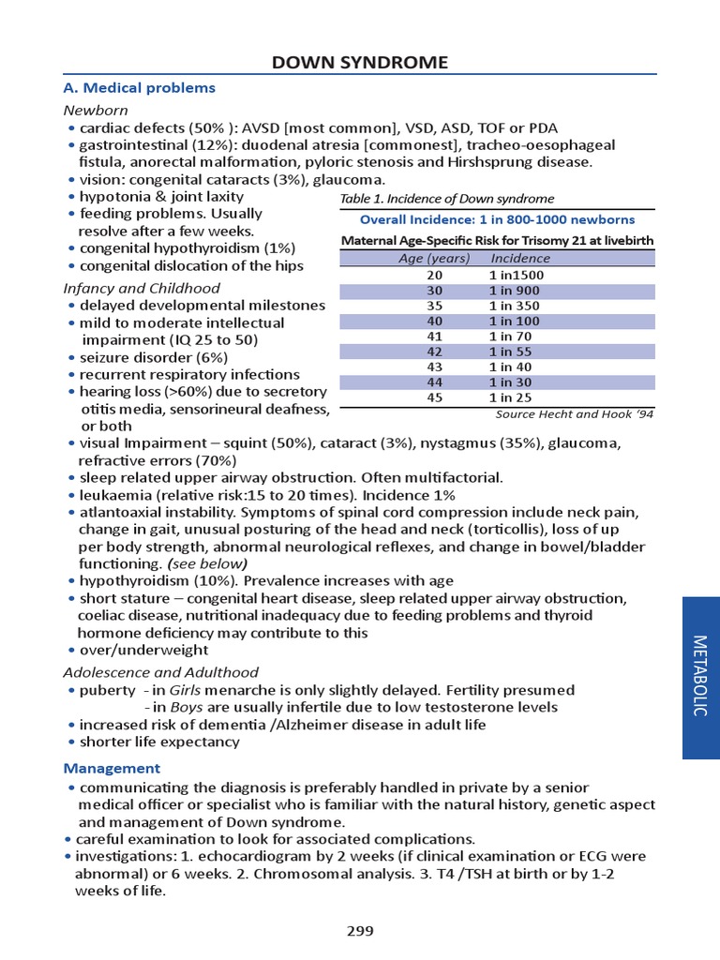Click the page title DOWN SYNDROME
point(360,63)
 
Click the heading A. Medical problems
point(139,88)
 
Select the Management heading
point(112,768)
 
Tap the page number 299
point(360,931)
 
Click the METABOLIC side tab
point(698,676)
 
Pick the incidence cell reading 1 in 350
point(516,306)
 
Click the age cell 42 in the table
point(434,352)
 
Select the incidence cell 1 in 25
point(512,397)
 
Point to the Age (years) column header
point(433,259)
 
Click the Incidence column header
point(520,259)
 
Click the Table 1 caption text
point(447,199)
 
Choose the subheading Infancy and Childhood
point(142,288)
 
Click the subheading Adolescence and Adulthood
point(160,672)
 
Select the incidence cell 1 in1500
point(517,276)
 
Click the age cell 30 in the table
point(434,291)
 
